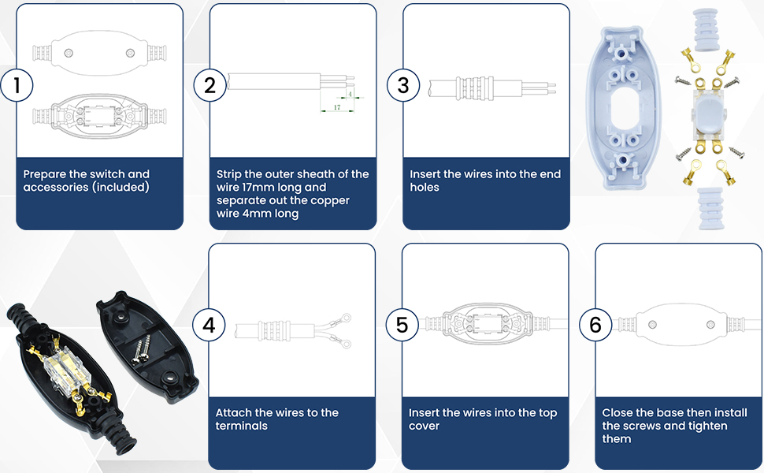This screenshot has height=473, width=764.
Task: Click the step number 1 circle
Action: tap(17, 85)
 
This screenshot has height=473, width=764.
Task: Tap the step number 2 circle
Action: tap(210, 85)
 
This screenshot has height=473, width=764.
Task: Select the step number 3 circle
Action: tap(403, 85)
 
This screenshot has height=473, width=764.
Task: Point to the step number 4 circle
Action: tap(209, 325)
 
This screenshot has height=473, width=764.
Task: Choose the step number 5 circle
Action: tap(402, 325)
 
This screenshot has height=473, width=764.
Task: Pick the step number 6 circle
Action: tap(595, 325)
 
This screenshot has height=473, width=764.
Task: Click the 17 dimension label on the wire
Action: tap(336, 107)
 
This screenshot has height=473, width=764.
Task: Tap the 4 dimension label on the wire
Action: tap(350, 94)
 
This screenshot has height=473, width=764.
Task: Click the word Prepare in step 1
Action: tap(44, 174)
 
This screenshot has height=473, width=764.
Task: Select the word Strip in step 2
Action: tap(229, 174)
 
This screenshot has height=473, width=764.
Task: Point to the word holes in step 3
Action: tap(425, 188)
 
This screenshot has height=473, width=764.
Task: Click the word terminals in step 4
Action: tap(241, 426)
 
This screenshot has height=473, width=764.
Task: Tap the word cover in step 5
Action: tap(424, 426)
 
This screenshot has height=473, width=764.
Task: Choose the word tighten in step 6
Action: tap(707, 426)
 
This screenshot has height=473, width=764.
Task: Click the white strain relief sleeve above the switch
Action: tap(706, 30)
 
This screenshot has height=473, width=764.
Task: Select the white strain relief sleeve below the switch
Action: tap(710, 208)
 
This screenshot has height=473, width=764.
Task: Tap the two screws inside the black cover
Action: tap(141, 350)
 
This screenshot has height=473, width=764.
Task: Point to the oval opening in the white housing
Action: tap(623, 109)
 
